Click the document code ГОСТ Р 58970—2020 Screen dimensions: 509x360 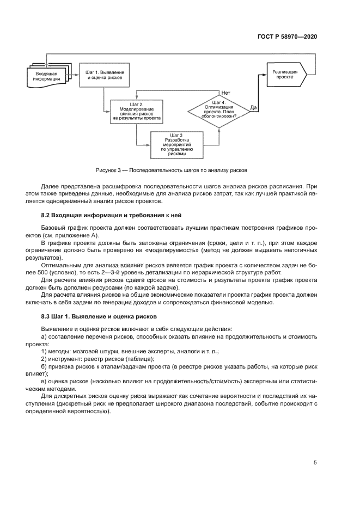pyautogui.click(x=287, y=36)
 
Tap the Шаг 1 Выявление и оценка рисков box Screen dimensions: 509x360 pyautogui.click(x=105, y=75)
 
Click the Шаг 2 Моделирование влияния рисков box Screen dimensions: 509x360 pyautogui.click(x=137, y=111)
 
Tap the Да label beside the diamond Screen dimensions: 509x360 pyautogui.click(x=254, y=107)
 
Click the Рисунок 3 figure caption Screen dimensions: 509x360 pyautogui.click(x=171, y=170)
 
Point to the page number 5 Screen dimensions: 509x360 pyautogui.click(x=315, y=463)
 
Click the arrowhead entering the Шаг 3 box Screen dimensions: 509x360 pyautogui.click(x=149, y=144)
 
